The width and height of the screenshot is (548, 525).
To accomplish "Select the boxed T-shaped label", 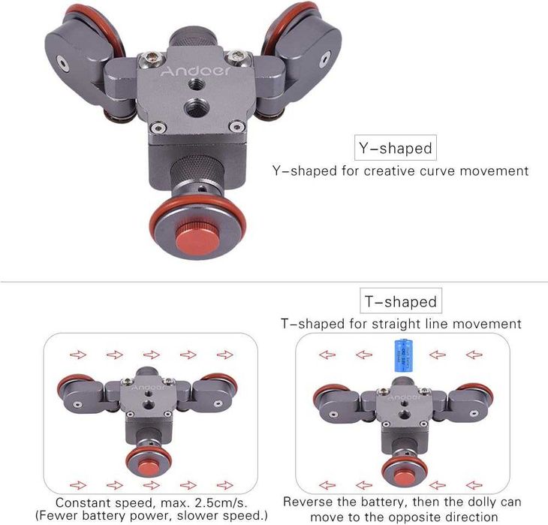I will tap(400, 302).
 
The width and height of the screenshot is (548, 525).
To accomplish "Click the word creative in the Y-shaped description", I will tap(396, 170).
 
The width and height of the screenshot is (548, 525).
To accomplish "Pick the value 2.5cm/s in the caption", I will tap(224, 501).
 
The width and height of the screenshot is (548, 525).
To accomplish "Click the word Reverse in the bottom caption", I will tap(309, 501).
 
